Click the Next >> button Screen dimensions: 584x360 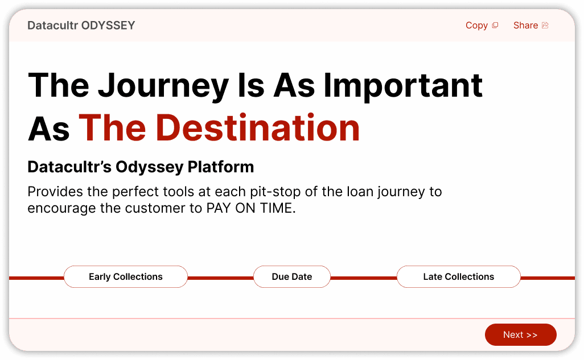(520, 334)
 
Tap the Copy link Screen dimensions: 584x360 (482, 26)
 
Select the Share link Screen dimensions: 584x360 (530, 26)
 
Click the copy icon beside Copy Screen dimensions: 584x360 (495, 26)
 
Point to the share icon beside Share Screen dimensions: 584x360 (545, 26)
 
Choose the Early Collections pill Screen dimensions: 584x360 (126, 276)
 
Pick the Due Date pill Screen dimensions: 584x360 (292, 276)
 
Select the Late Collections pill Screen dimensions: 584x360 (458, 276)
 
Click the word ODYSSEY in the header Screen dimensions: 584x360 (108, 26)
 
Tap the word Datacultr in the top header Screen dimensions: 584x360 (53, 26)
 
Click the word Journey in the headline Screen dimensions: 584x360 (163, 86)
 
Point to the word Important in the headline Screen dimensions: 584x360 (403, 86)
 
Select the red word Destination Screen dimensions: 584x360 (258, 128)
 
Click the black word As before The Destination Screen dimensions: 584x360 (49, 129)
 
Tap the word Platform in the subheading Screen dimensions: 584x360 (221, 167)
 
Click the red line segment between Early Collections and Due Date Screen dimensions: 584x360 (220, 278)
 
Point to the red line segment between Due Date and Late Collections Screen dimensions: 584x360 (364, 278)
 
